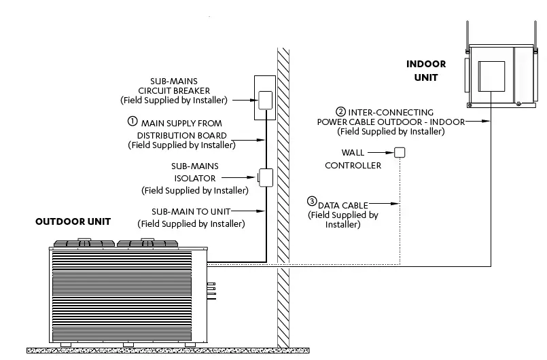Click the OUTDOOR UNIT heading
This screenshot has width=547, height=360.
coord(73,221)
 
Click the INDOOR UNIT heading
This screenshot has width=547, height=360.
coord(426,71)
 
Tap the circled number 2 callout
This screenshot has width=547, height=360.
coord(340,111)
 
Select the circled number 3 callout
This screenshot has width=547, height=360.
coord(312,201)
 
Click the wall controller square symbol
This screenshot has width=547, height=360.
coord(400,153)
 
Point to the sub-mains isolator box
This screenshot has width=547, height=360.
coord(264,178)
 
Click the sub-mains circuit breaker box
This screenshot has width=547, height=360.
coord(264,99)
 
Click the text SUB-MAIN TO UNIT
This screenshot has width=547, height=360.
coord(191,211)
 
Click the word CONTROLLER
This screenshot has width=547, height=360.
coord(353,165)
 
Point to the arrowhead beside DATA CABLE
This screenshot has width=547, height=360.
coord(395,202)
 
